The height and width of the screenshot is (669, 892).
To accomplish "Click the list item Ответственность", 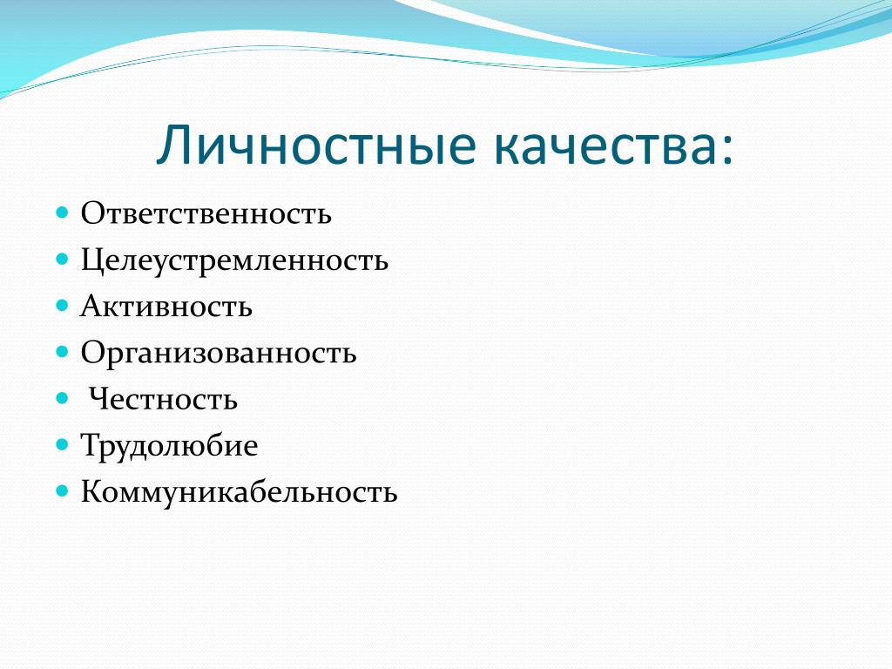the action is pyautogui.click(x=206, y=214).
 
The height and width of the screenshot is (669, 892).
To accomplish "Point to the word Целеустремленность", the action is pyautogui.click(x=234, y=260).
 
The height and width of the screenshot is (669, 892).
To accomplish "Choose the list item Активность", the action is pyautogui.click(x=166, y=307).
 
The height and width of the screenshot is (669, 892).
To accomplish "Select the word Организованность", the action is pyautogui.click(x=219, y=354).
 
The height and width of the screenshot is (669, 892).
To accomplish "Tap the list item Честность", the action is pyautogui.click(x=163, y=399).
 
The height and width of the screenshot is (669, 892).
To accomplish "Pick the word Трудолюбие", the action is pyautogui.click(x=170, y=446).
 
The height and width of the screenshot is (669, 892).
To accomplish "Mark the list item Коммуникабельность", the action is pyautogui.click(x=239, y=492).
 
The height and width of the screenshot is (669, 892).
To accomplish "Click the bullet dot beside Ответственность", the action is pyautogui.click(x=62, y=213).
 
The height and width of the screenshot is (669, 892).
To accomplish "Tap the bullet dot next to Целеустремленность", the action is pyautogui.click(x=62, y=260).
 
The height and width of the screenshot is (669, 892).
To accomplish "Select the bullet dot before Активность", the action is pyautogui.click(x=62, y=306).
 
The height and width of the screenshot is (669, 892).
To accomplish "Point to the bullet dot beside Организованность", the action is pyautogui.click(x=62, y=352).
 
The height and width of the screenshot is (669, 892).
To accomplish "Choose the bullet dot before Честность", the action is pyautogui.click(x=62, y=398).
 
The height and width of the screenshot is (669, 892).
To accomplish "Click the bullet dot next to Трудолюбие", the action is pyautogui.click(x=62, y=444).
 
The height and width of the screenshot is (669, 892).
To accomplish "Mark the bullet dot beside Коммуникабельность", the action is pyautogui.click(x=62, y=490).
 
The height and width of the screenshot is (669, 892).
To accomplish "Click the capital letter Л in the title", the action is pyautogui.click(x=174, y=145).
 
